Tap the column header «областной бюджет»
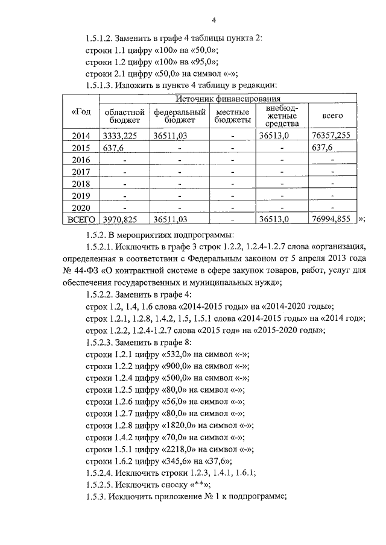pos(124,116)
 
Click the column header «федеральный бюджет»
pos(177,116)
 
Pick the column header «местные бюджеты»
pos(232,116)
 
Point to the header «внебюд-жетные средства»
pos(281,116)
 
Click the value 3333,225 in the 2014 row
pos(124,136)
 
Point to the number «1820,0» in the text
pos(180,438)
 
